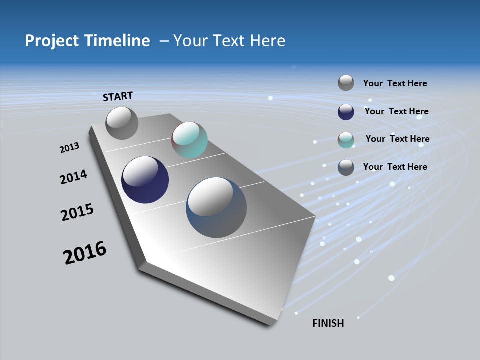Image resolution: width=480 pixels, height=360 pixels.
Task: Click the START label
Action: coord(118,96)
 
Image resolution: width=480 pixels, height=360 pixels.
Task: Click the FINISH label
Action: coord(328,323)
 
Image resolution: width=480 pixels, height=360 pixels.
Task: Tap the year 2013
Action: coord(69,148)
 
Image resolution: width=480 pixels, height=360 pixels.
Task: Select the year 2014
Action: coord(73,177)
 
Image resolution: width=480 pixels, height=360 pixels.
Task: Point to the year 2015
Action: coord(77,212)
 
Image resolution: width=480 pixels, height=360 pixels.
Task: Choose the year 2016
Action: coord(85,253)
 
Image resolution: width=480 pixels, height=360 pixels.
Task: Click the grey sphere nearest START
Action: coord(122,123)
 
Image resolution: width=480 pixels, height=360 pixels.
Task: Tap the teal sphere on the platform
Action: coord(189,140)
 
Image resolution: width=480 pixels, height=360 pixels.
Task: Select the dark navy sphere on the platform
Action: coord(145,180)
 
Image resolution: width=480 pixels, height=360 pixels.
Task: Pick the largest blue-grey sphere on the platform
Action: coord(216,207)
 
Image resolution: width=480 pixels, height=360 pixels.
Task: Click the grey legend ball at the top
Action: coord(346,83)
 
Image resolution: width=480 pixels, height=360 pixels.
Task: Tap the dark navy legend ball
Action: coord(346,112)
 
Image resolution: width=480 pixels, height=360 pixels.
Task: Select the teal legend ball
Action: coord(346,140)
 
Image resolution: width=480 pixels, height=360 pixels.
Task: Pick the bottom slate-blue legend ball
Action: coord(346,167)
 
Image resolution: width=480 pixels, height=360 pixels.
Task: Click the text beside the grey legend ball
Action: coord(395,83)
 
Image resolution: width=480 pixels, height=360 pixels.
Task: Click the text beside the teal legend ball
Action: coord(397,139)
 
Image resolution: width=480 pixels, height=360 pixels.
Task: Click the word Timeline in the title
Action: coord(117,41)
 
